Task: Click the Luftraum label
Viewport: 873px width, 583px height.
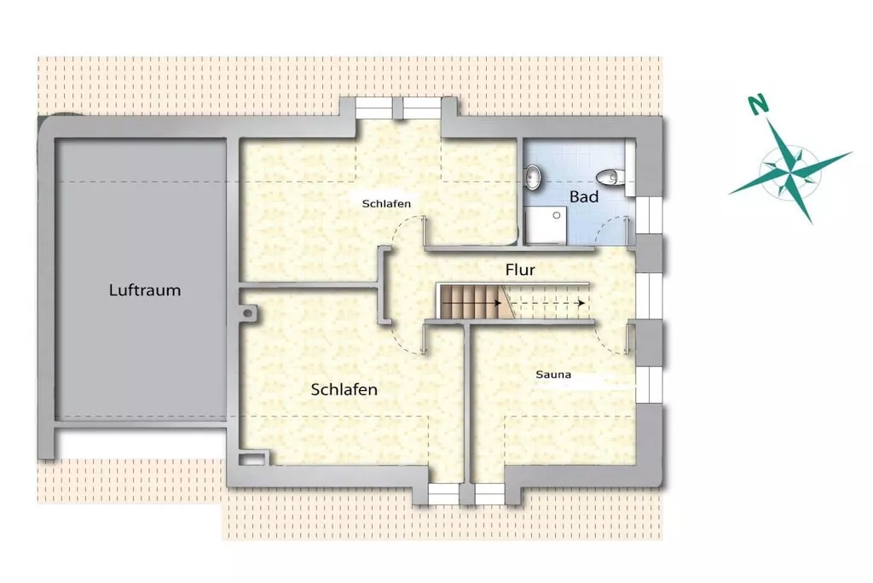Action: [145, 290]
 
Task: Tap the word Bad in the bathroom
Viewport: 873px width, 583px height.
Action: [584, 196]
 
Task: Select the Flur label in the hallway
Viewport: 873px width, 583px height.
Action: [520, 270]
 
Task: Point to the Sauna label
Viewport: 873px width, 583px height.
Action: [553, 375]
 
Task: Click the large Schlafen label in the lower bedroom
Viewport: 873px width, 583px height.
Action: [344, 389]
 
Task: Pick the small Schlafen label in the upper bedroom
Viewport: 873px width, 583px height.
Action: [386, 203]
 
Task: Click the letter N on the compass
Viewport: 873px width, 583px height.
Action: [758, 104]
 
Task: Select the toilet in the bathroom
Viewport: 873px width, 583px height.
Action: [609, 178]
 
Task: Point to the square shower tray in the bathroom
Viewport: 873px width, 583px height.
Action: [546, 225]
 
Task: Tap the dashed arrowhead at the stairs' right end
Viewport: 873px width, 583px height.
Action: [581, 303]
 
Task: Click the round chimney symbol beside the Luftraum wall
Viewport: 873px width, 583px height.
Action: [246, 313]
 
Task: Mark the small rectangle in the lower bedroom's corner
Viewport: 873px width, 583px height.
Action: [252, 459]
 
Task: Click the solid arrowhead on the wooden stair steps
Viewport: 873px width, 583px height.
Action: [497, 303]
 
